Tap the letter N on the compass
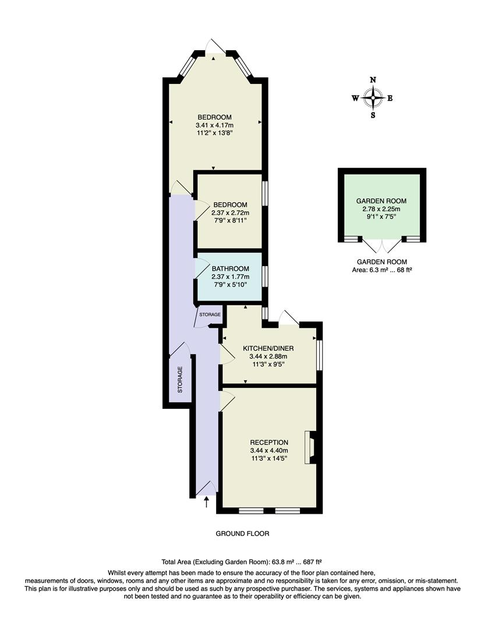pos(373,80)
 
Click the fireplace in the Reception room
pos(310,447)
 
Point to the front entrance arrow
pos(207,500)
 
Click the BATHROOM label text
pos(230,268)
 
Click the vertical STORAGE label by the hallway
pos(180,379)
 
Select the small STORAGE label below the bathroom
pos(210,314)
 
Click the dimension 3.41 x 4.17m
pos(214,125)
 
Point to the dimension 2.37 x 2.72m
pos(230,213)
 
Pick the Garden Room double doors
pos(381,245)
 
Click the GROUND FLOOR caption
pos(242,533)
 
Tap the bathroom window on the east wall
pos(265,275)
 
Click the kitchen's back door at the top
pos(289,317)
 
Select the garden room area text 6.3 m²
pos(381,270)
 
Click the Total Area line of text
pos(242,563)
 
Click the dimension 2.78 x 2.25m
pos(381,209)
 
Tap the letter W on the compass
pos(355,98)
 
